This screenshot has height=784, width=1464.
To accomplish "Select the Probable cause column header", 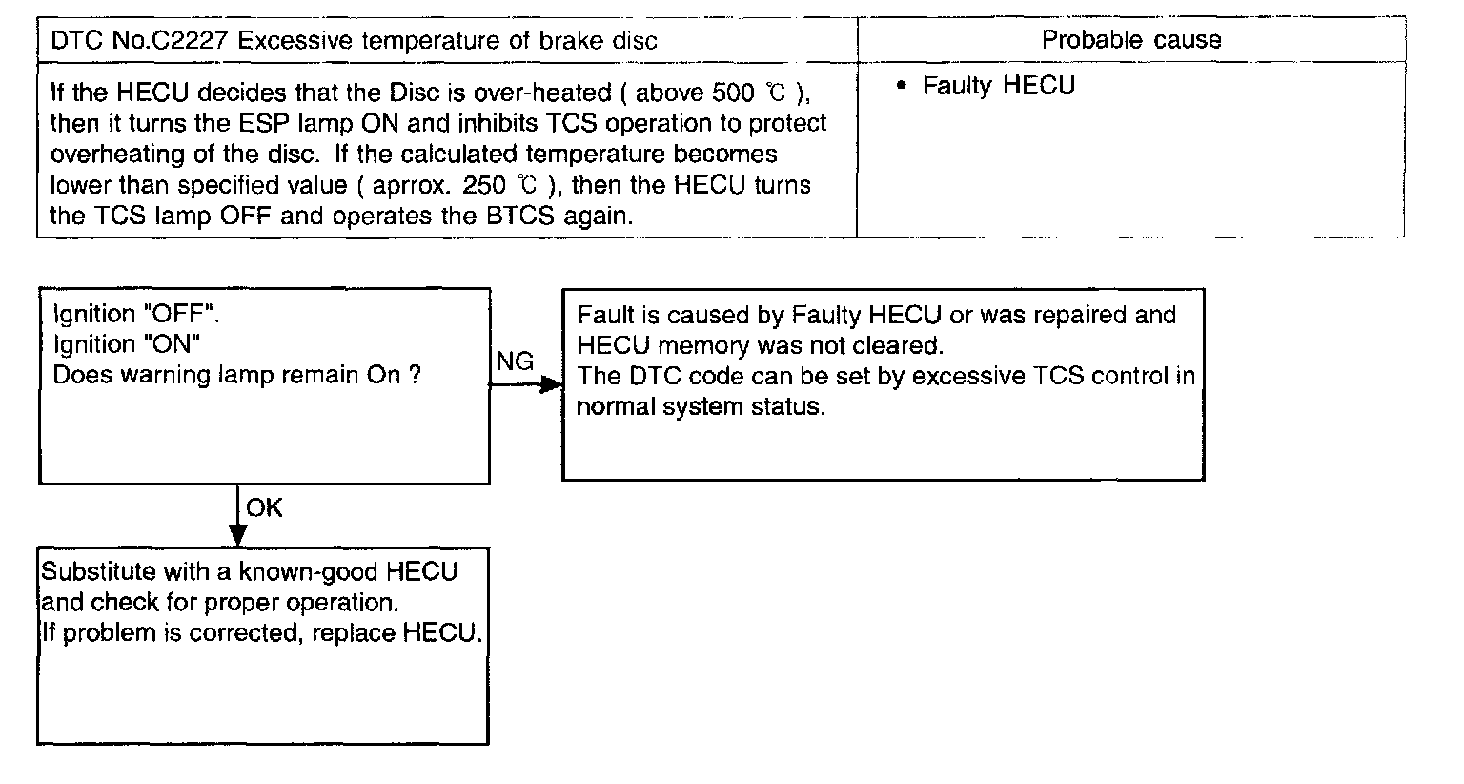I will pos(1130,40).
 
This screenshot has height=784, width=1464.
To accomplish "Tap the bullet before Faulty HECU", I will pos(901,87).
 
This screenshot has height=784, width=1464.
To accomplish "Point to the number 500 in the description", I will pos(733,93).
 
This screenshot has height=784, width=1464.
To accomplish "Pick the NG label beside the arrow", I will pos(515,361).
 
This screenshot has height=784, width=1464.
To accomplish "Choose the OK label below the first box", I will pos(264,508).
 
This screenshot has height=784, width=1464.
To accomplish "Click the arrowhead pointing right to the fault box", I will pos(552,384).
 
